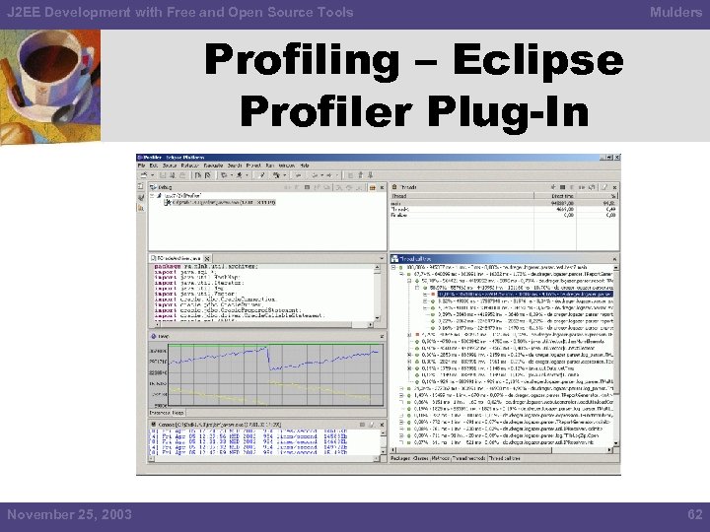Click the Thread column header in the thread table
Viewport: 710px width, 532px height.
point(403,195)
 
